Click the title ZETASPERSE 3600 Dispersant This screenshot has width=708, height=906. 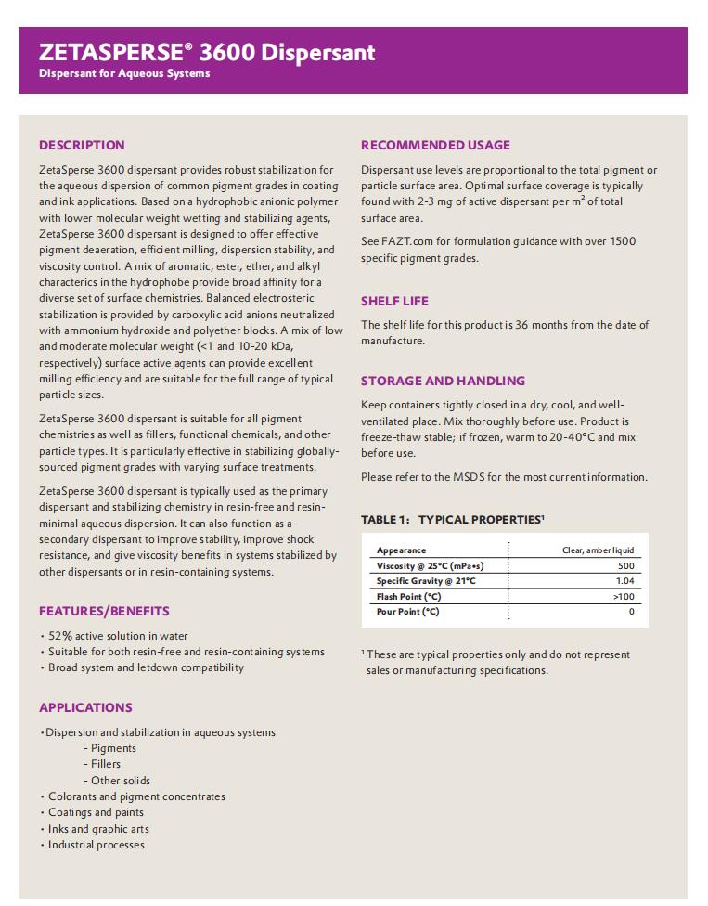pos(207,52)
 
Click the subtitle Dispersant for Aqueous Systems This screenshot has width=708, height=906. pos(124,73)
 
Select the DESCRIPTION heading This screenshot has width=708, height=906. pos(82,145)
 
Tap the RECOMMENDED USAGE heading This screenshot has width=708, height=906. pos(435,145)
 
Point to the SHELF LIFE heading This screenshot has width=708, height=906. pos(394,301)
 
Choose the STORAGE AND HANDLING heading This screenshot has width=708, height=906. pos(443,381)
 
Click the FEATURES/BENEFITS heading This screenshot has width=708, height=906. pos(104,611)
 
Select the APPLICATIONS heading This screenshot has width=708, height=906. pos(85,707)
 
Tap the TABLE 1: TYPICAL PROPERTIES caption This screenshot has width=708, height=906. pos(452,519)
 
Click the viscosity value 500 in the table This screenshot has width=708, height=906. pos(625,565)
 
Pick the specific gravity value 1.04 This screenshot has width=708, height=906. pos(624,581)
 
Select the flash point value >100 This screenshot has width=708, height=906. pos(624,596)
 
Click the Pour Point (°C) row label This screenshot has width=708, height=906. pos(408,612)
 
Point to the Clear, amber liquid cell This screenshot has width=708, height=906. pos(598,550)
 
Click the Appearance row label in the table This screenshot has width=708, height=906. pos(402,550)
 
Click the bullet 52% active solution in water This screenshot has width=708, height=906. pos(118,636)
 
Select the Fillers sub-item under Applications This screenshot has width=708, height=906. pos(105,764)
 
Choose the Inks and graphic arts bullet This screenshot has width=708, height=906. pos(98,829)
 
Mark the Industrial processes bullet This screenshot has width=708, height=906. pos(96,845)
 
